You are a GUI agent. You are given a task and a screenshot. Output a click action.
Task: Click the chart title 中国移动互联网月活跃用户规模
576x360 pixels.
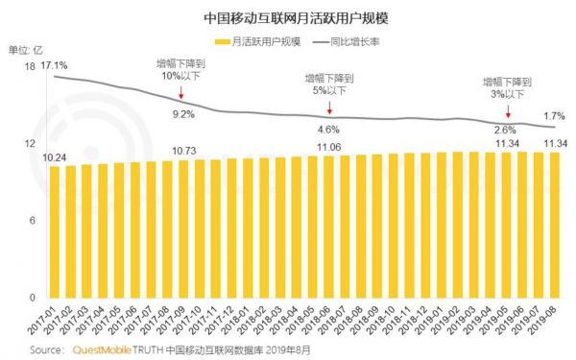coord(289,18)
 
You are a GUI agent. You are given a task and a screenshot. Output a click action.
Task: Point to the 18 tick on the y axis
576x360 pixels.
coord(30,66)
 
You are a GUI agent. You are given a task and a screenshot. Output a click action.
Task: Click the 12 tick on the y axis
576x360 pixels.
coord(30,143)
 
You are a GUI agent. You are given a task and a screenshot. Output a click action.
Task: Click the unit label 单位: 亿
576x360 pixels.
coord(25,48)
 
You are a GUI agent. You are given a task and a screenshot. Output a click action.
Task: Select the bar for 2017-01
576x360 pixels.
coord(55,231)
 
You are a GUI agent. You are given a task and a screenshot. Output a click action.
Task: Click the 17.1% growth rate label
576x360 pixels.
coord(54,65)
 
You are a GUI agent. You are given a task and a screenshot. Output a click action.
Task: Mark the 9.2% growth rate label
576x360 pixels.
coord(183,114)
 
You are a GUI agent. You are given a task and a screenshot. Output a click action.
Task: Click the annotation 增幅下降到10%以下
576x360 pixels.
coord(181,69)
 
